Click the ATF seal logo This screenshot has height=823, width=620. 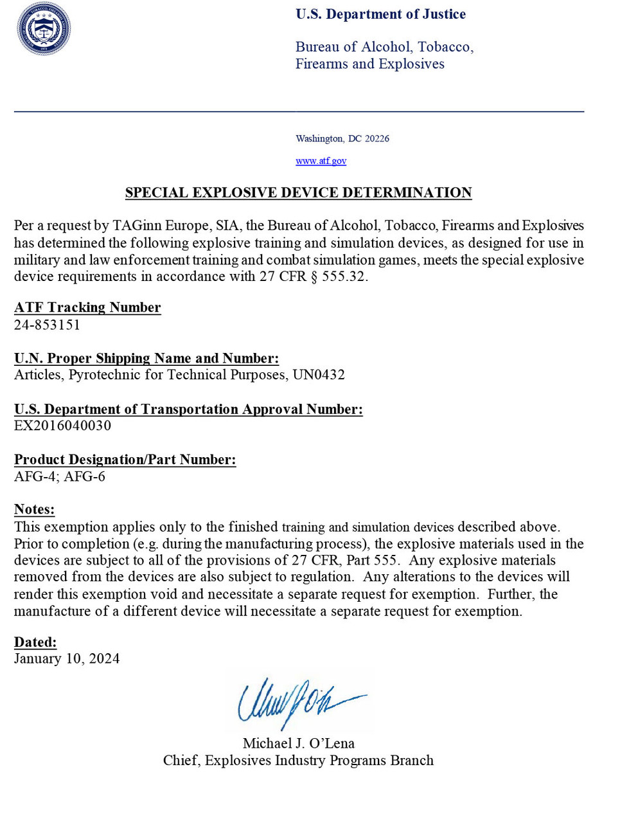point(44,29)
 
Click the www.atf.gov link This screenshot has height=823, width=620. point(321,161)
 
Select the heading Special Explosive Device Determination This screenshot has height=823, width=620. point(298,193)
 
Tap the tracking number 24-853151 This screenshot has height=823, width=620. point(47,325)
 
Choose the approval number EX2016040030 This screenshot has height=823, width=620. point(62,426)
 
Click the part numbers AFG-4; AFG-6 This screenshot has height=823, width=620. point(60,476)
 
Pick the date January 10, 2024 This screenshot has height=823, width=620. point(67,658)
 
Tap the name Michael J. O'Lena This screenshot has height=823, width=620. point(299,743)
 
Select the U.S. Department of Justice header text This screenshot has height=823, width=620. point(380,14)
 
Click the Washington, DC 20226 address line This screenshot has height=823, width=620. point(342,139)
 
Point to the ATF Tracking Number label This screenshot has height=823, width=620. point(87,307)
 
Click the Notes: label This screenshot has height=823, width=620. point(34,509)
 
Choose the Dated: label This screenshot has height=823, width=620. point(35,642)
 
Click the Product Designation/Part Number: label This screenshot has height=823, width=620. point(125,460)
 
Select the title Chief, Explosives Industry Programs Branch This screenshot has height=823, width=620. point(298,761)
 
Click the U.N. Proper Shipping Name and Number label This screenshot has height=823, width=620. point(146,358)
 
